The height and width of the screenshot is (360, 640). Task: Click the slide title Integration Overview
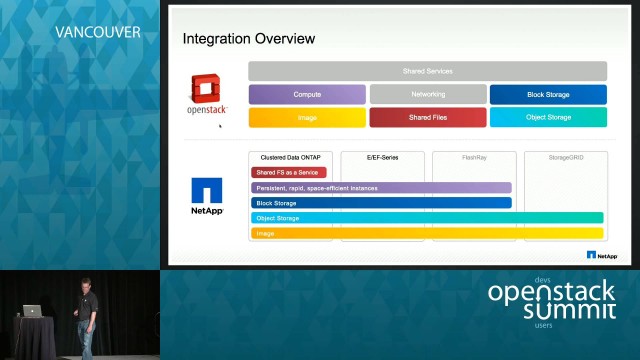248,38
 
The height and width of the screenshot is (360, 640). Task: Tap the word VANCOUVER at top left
97,32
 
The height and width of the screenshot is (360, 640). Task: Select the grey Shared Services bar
427,71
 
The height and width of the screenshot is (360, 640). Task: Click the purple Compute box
307,94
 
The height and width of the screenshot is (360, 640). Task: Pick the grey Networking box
427,94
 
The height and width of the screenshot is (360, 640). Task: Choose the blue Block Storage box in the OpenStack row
548,94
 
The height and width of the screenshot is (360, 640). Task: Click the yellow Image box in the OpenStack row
307,117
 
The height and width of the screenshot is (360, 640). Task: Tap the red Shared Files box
427,117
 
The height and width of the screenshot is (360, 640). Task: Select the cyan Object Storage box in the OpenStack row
548,117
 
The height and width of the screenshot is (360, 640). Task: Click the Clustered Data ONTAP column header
290,157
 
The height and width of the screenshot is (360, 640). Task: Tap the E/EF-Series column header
382,157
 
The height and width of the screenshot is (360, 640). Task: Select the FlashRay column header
474,157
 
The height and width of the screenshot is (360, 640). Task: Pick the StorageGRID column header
566,157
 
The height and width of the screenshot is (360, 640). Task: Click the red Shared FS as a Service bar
289,172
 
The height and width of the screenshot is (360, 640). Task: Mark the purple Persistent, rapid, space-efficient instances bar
381,187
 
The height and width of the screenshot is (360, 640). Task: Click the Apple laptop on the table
33,311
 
